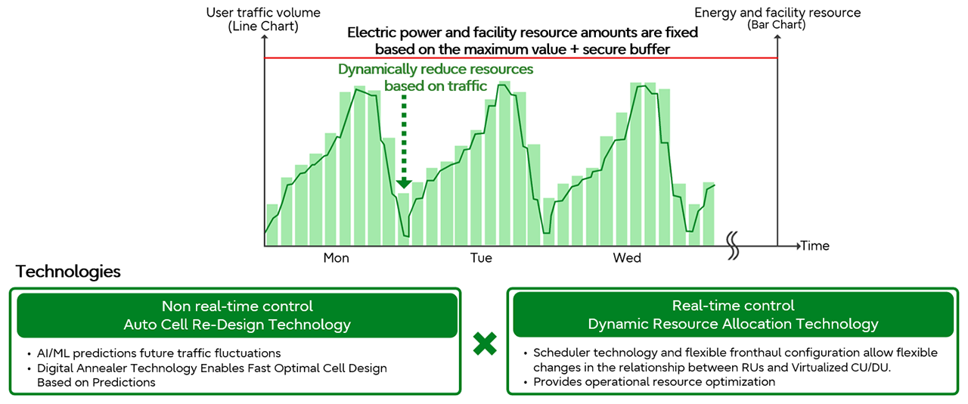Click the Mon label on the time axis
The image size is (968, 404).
coord(337,258)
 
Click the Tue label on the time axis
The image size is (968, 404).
coord(481,258)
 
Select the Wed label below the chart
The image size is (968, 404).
coord(627,258)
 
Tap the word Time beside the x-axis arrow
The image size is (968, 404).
coord(815,246)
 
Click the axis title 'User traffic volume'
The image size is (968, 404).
coord(263,13)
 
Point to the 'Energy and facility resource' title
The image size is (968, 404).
coord(777,13)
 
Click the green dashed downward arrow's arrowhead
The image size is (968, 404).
coord(404,183)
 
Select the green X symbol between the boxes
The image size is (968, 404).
coord(485,344)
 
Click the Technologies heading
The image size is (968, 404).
coord(68,272)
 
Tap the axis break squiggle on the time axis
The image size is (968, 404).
coord(733,245)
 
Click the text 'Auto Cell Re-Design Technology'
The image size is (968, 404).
coord(237,325)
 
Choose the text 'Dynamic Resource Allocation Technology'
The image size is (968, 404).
coord(733,324)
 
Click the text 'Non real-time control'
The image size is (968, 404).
coord(237,306)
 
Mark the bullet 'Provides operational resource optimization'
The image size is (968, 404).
coord(654,382)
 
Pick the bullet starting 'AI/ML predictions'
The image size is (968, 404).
coord(159,353)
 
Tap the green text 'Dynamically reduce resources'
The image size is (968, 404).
coord(436,69)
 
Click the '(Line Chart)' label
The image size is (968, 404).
coord(263,26)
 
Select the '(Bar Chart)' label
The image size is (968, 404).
coord(777,25)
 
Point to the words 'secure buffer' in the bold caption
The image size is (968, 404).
coord(626,49)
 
